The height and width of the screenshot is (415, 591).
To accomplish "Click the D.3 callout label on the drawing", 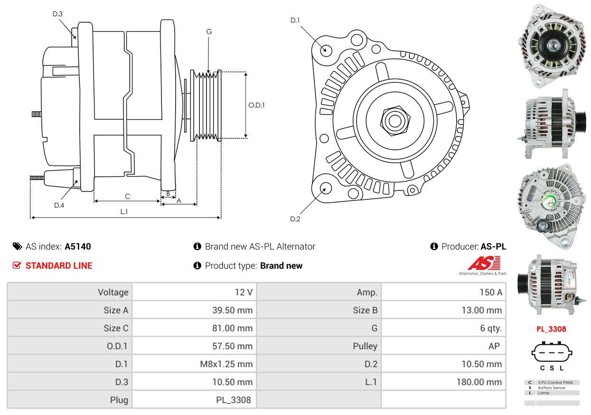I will (57, 14).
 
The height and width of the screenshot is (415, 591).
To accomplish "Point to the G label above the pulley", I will (209, 32).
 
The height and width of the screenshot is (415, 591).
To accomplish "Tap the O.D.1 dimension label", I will (256, 105).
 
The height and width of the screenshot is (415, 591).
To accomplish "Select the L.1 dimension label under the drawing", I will (124, 212).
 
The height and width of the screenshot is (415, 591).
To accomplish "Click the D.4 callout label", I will (59, 205).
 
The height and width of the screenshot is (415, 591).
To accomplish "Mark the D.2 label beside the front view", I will (295, 219).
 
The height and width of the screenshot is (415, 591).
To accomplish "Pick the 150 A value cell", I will (443, 292).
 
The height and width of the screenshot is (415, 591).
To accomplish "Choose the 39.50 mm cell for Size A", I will (194, 310).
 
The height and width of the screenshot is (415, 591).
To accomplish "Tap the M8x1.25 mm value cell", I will (194, 364).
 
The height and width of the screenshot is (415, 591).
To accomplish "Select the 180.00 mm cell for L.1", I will (443, 382).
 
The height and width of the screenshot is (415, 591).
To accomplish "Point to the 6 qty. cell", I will (443, 328).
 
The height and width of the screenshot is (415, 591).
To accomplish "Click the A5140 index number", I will (78, 246).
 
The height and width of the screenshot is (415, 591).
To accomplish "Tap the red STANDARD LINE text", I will (59, 266).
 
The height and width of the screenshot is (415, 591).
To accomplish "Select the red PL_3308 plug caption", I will (552, 329).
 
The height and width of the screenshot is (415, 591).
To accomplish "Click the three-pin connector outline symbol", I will (552, 352).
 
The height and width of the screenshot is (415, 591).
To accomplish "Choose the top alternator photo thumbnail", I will (552, 46).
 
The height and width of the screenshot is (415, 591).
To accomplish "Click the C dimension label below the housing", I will (127, 196).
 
